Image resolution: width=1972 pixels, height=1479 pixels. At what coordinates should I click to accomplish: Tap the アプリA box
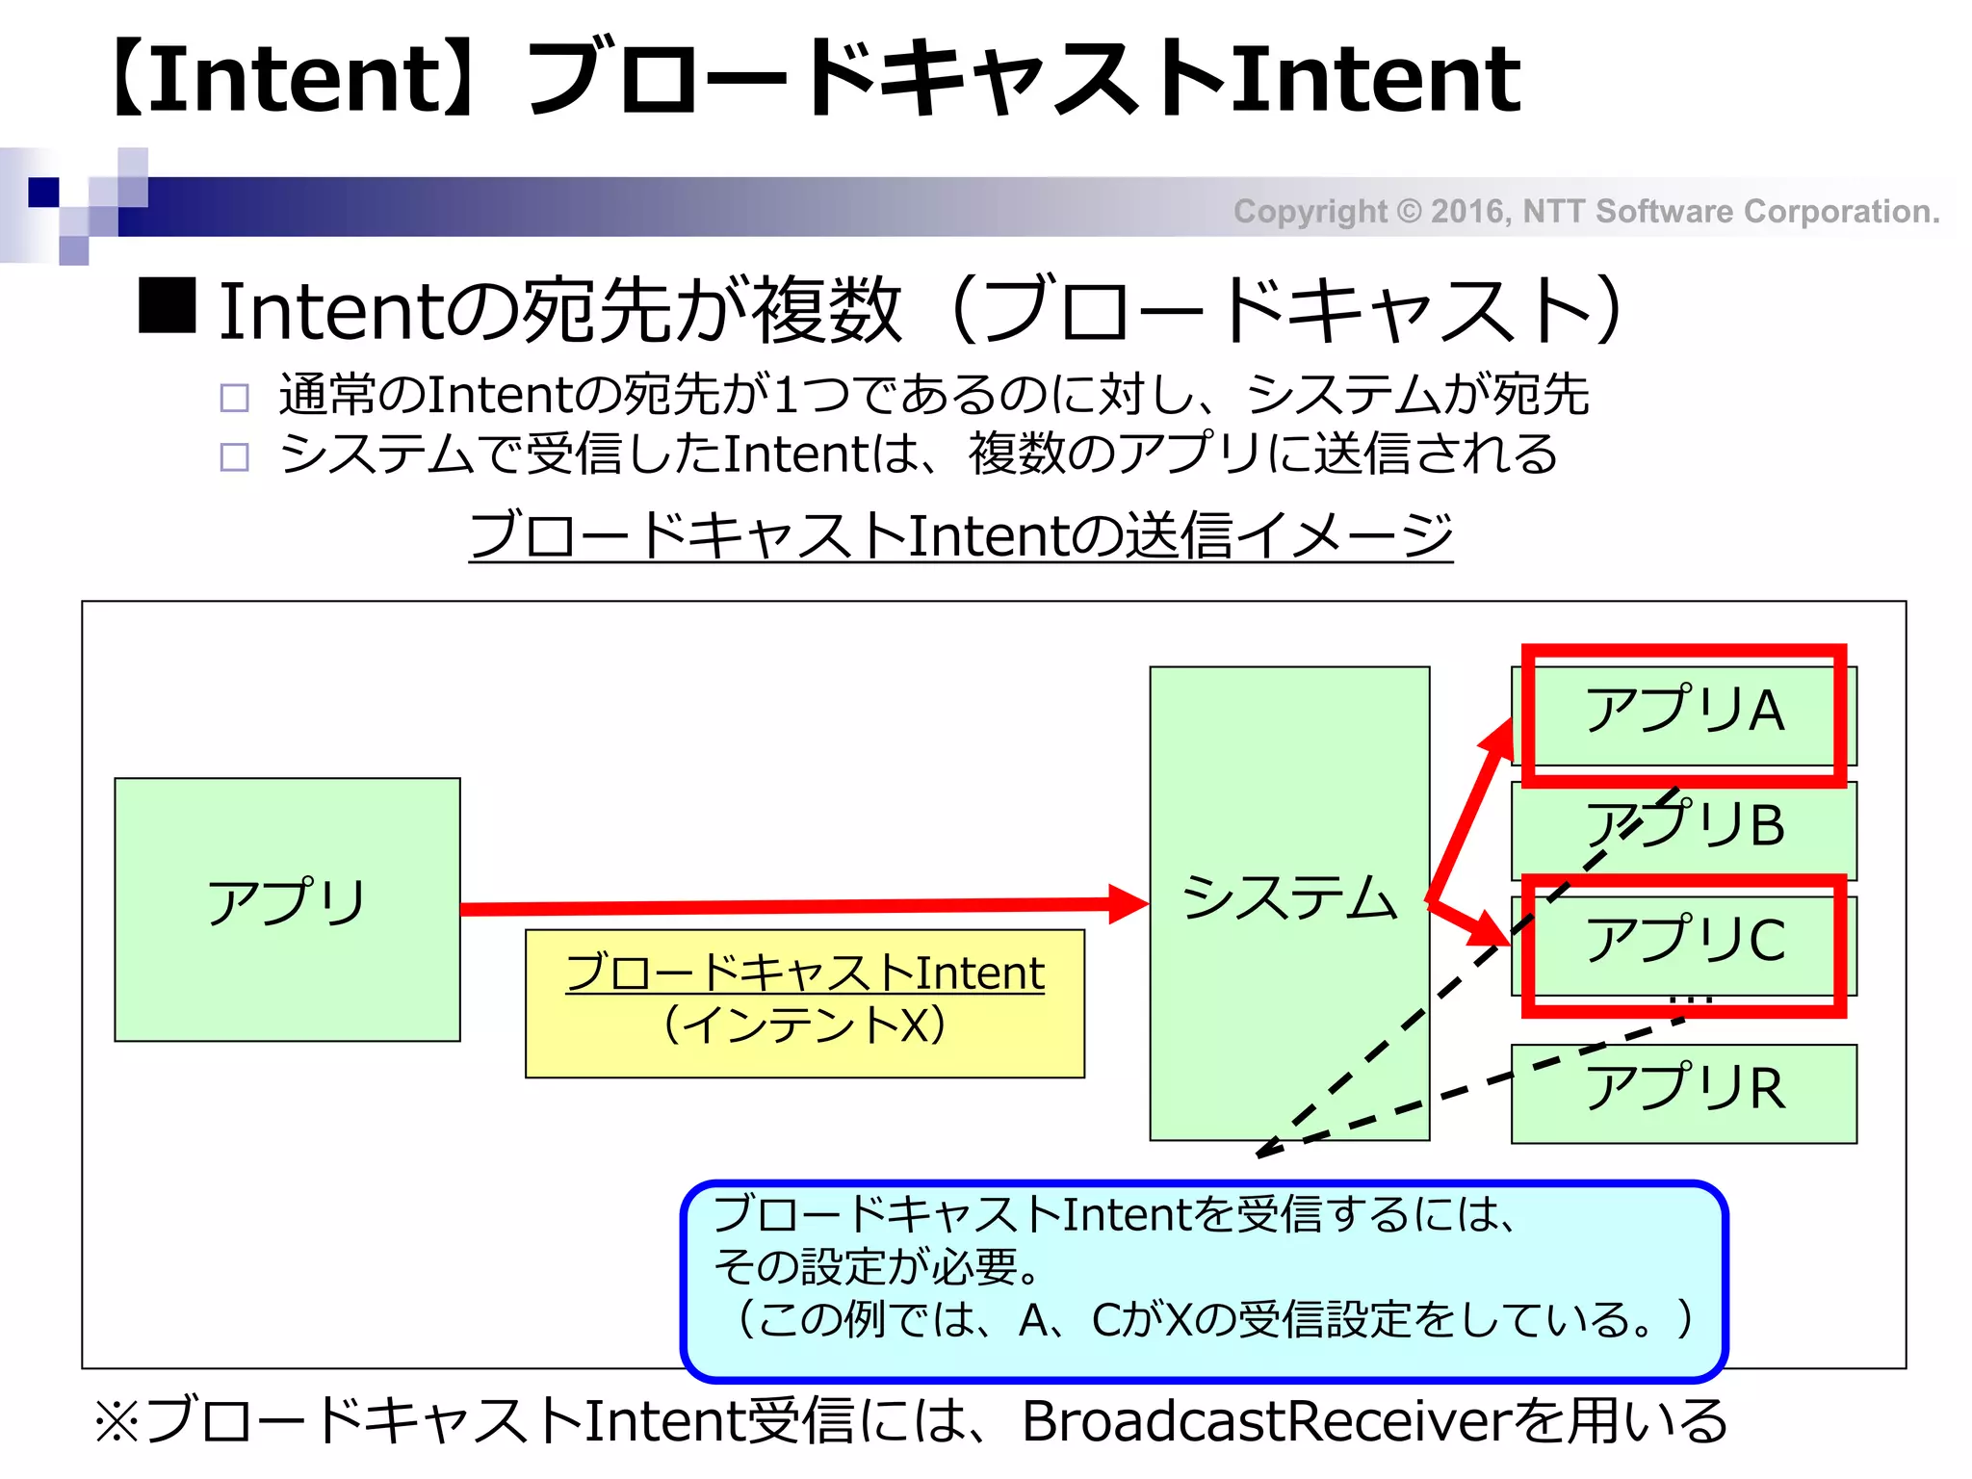tap(1684, 713)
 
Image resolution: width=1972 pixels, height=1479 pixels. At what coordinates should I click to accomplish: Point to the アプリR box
tap(1684, 1093)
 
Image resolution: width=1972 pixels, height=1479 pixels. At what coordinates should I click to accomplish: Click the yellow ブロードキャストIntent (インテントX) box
tap(804, 1002)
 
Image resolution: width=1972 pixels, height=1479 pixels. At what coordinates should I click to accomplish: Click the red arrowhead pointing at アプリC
tap(1490, 930)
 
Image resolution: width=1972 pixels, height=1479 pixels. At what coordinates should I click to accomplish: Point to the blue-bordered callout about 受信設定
tap(1204, 1280)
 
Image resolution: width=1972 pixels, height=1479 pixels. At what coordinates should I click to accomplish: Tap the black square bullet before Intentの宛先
tap(168, 305)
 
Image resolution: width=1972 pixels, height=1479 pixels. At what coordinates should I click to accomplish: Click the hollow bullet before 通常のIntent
tap(234, 397)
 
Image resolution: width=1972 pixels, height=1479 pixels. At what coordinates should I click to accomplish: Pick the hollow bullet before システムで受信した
tap(234, 456)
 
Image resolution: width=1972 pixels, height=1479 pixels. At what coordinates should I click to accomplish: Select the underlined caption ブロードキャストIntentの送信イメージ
tap(960, 535)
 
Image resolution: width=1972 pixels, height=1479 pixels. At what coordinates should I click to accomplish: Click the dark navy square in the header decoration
tap(43, 193)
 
